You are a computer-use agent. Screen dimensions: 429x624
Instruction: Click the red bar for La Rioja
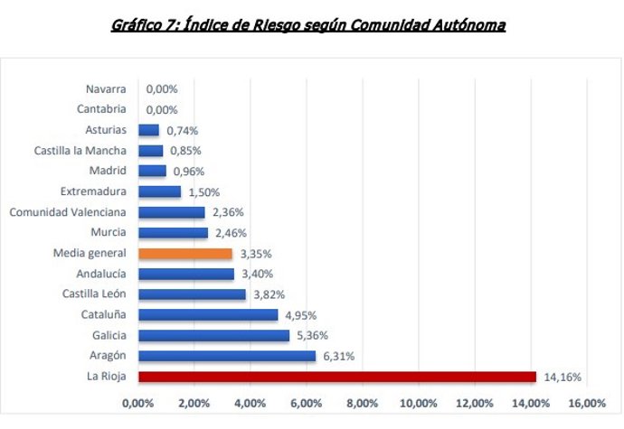pos(336,377)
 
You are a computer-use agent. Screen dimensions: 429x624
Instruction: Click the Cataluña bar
pos(207,315)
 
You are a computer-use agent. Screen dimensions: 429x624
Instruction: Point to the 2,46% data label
pos(230,233)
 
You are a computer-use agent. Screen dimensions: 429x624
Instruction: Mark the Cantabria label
pos(102,109)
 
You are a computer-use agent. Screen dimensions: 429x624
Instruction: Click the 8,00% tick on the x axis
pos(362,403)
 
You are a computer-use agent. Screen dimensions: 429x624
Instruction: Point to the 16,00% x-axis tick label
pos(588,403)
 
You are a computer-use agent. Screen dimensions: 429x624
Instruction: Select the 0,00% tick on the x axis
pos(138,403)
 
